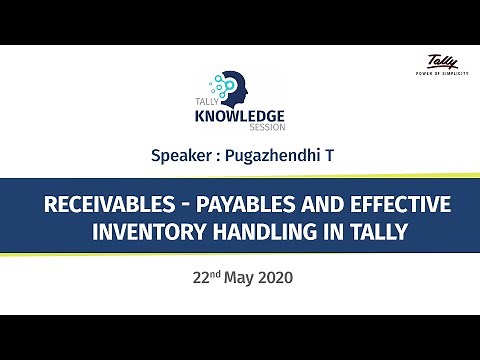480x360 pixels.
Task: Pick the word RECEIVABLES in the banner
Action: [x=104, y=206]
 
